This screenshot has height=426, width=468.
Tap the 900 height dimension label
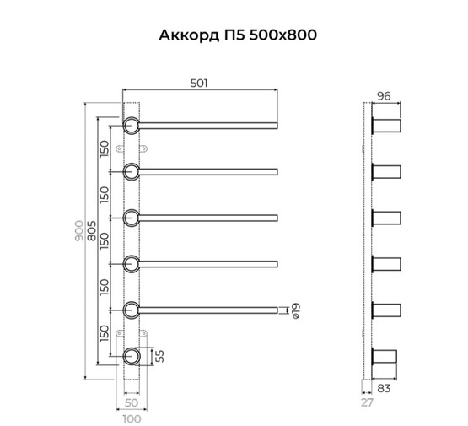point(80,234)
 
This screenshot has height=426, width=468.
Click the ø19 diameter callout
point(294,311)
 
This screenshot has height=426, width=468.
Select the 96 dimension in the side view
point(384,96)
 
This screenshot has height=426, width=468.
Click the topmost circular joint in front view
point(132,127)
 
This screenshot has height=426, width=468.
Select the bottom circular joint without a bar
point(132,356)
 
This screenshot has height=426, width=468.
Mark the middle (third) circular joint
point(132,218)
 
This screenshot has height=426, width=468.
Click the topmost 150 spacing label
point(105,148)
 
